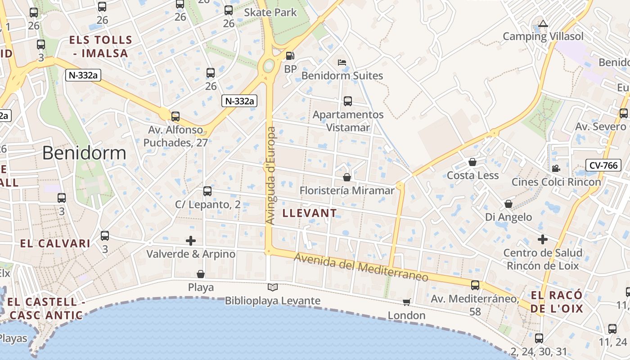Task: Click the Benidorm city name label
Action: pyautogui.click(x=84, y=153)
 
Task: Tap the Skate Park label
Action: pyautogui.click(x=270, y=12)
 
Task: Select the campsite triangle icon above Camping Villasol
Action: pyautogui.click(x=543, y=23)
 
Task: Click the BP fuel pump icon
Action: pyautogui.click(x=290, y=56)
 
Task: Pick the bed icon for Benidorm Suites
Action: pyautogui.click(x=342, y=63)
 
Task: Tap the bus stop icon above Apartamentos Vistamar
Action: pyautogui.click(x=348, y=101)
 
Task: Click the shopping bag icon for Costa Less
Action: pyautogui.click(x=472, y=162)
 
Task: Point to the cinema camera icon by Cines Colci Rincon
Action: pyautogui.click(x=556, y=168)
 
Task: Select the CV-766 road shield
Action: pyautogui.click(x=603, y=166)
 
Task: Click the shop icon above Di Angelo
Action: pyautogui.click(x=508, y=204)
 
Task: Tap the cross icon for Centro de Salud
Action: pyautogui.click(x=543, y=239)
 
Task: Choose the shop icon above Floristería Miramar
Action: pyautogui.click(x=346, y=177)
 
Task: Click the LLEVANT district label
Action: pyautogui.click(x=310, y=213)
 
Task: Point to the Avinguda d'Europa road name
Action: pyautogui.click(x=271, y=175)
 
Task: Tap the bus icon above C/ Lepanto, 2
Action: pyautogui.click(x=207, y=191)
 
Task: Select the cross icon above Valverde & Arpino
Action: pyautogui.click(x=191, y=241)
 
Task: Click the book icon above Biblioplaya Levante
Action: pyautogui.click(x=273, y=287)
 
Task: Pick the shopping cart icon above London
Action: pyautogui.click(x=406, y=302)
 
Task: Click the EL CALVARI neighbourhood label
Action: pyautogui.click(x=55, y=243)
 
